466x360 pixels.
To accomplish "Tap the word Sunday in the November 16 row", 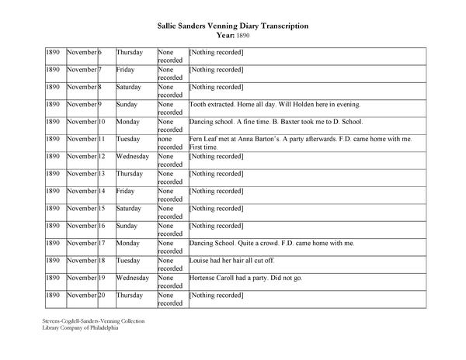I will pos(127,226).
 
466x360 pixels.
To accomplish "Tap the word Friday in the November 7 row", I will pos(126,69).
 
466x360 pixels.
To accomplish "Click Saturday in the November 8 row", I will pos(129,87).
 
